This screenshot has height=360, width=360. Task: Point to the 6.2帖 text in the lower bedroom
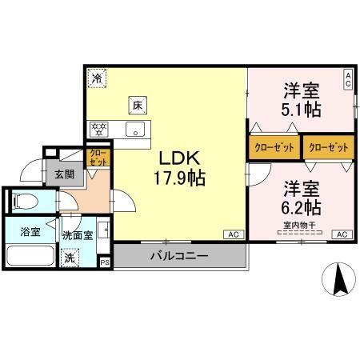click(x=301, y=207)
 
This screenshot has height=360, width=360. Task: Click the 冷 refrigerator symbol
click(x=96, y=78)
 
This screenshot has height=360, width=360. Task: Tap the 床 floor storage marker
click(x=138, y=103)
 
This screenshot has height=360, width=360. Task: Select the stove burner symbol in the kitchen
click(x=100, y=127)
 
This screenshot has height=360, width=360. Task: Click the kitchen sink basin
click(x=137, y=129)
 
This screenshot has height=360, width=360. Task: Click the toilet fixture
click(x=24, y=201)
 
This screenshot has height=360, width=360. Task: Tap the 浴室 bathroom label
click(x=30, y=234)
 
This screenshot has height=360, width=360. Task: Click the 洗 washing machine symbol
click(x=70, y=258)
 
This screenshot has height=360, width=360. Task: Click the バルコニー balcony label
click(x=179, y=257)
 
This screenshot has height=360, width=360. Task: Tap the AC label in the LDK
click(x=233, y=234)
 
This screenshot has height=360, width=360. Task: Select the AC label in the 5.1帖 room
click(x=348, y=78)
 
